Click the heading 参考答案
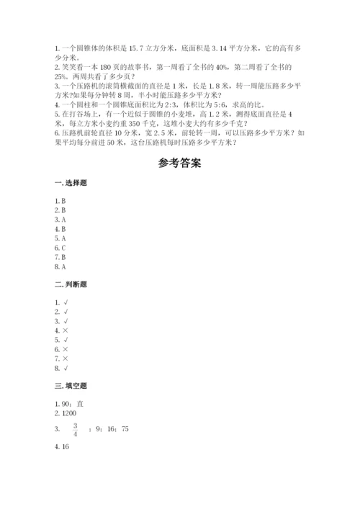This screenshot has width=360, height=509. click(x=179, y=163)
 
